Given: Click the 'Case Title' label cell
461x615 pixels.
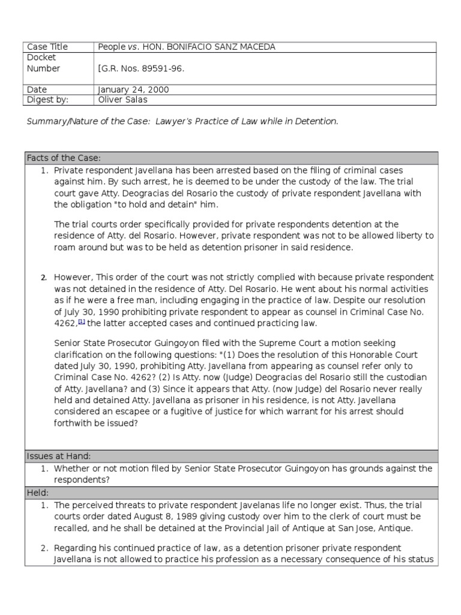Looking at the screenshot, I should click(x=47, y=47).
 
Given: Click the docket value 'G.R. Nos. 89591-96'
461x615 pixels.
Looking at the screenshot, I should click(x=142, y=68).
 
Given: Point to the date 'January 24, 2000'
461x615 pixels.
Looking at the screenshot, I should click(x=133, y=89).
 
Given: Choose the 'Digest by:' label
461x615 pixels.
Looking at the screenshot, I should click(x=47, y=100).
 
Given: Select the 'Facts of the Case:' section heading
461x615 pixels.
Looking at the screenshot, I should click(x=63, y=158).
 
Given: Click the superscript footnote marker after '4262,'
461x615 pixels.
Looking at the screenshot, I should click(x=82, y=322).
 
